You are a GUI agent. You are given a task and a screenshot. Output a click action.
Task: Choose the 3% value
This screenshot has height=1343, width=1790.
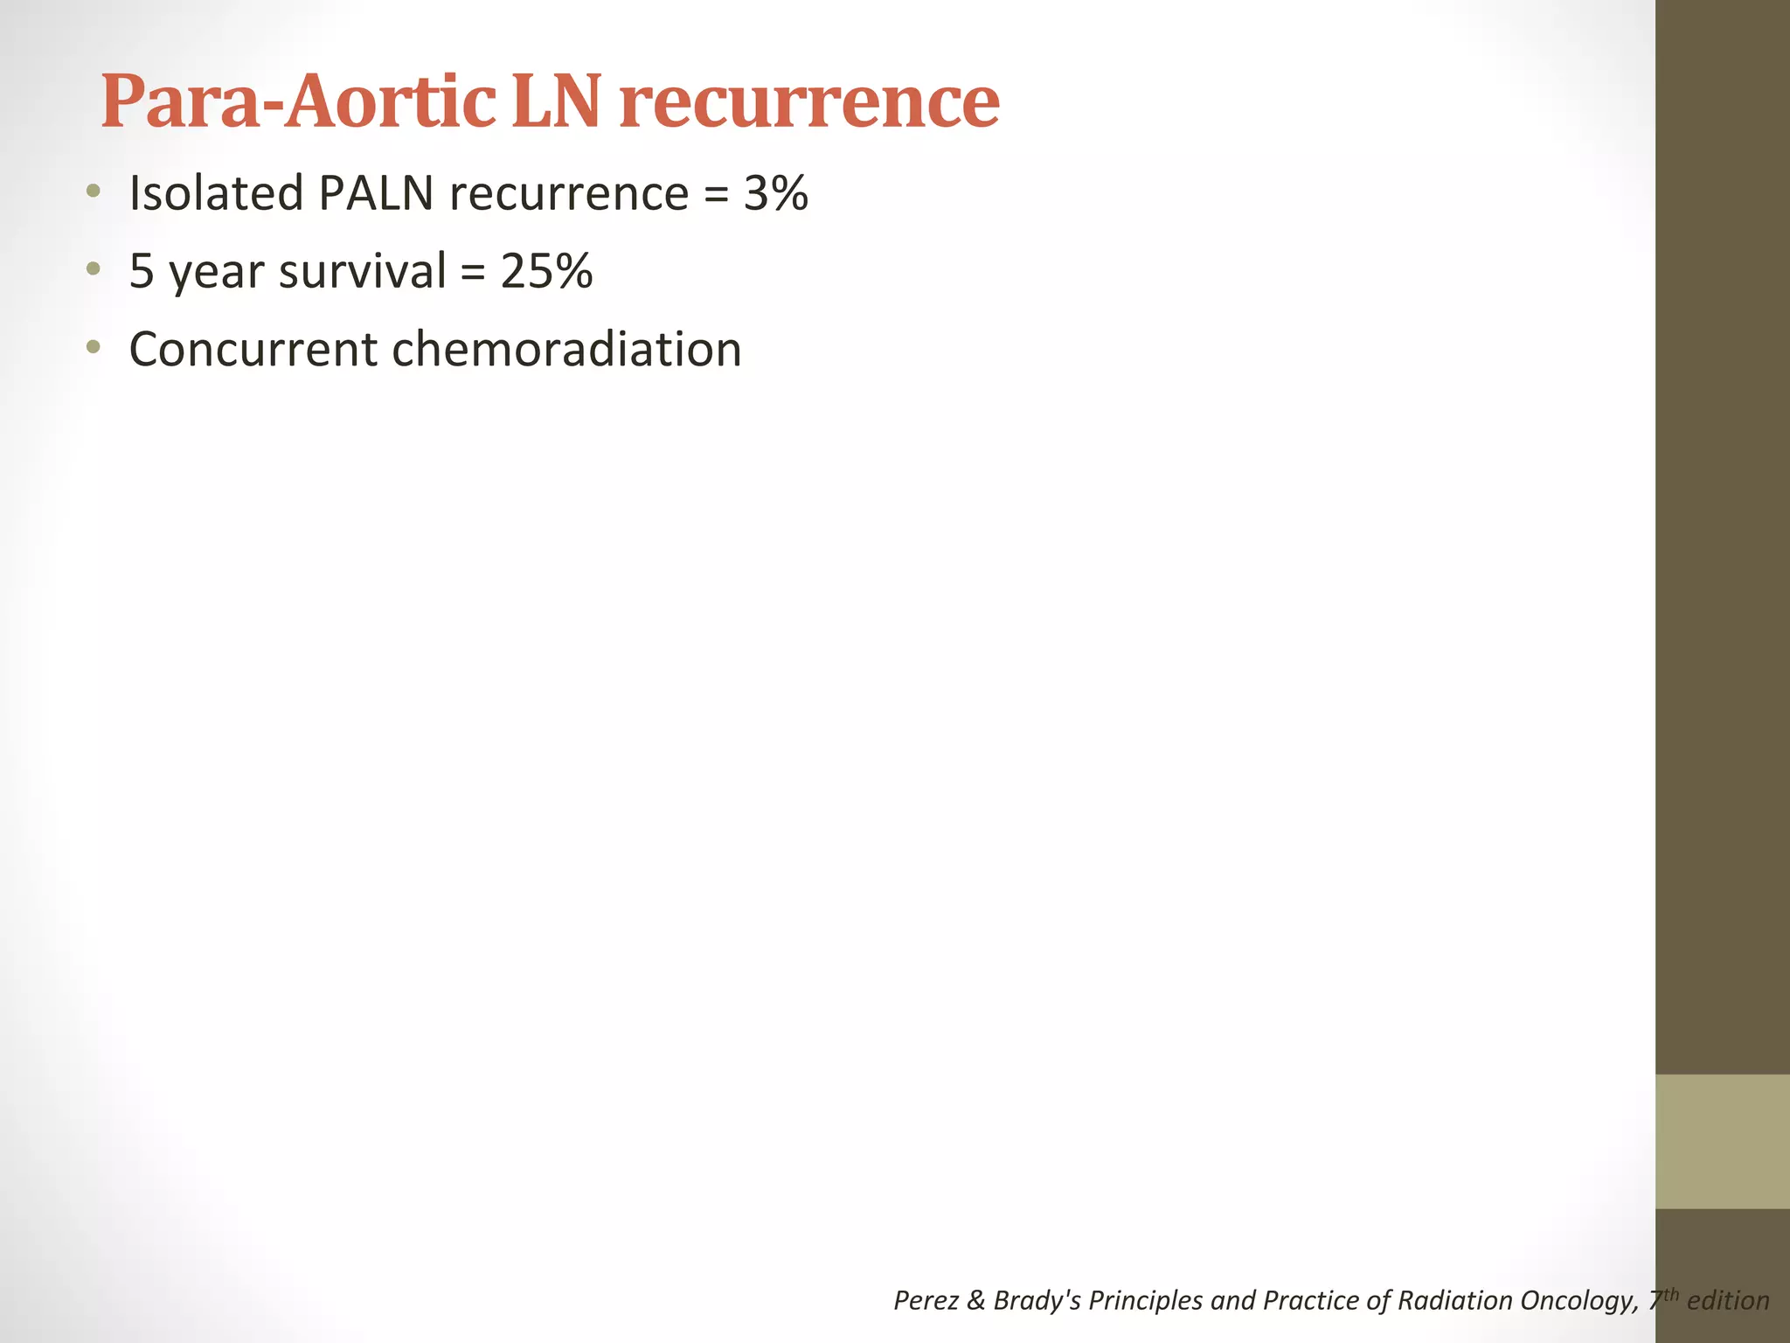(775, 193)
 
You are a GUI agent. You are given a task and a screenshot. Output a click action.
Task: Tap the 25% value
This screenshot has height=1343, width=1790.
(546, 271)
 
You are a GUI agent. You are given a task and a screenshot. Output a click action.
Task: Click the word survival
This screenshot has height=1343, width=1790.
(362, 271)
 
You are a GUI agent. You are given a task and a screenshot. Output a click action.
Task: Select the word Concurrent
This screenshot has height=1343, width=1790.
(253, 350)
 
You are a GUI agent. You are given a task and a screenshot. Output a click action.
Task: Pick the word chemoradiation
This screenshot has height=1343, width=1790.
(566, 350)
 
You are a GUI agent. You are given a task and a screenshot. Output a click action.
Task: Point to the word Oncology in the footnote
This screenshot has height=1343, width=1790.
(1578, 1300)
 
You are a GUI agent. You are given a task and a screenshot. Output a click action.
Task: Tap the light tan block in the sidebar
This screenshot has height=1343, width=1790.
(1722, 1141)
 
